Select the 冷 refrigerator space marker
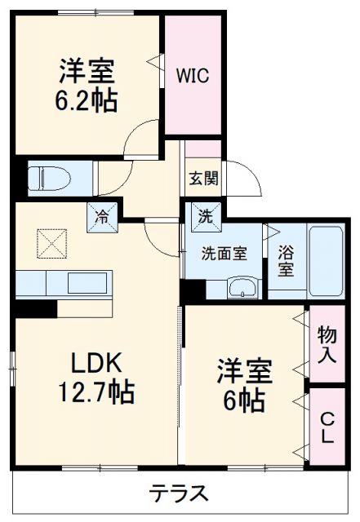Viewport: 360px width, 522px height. coord(102,217)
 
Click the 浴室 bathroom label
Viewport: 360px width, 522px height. coord(285,259)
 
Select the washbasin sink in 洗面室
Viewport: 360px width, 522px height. coord(241,287)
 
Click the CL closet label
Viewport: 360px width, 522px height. coord(327,427)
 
